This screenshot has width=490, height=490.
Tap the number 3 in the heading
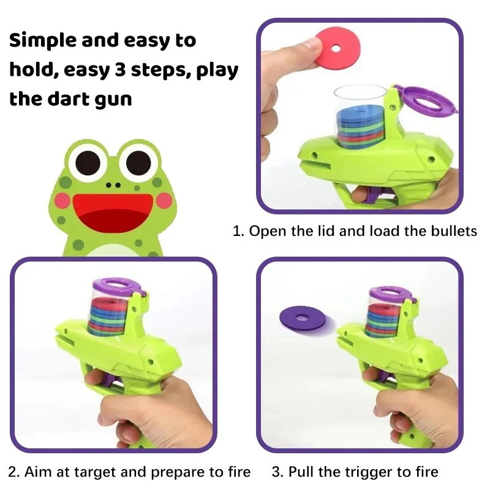click(x=119, y=70)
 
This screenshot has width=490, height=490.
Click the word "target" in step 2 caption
click(x=94, y=472)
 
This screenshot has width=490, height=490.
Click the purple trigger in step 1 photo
click(x=371, y=196)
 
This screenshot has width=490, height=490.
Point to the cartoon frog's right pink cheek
click(x=164, y=201)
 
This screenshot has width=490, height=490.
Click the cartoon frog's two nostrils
click(x=113, y=185)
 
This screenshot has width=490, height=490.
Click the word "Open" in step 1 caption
click(x=268, y=232)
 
